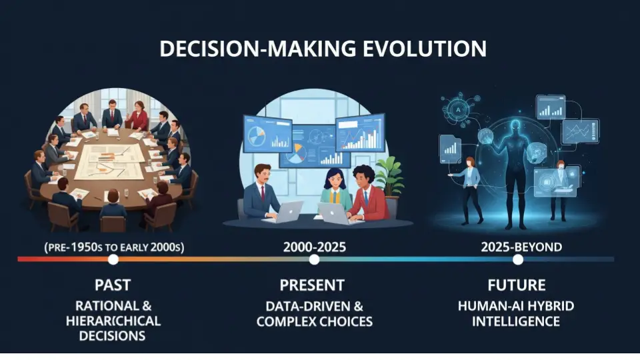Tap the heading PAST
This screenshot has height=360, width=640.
(x=113, y=285)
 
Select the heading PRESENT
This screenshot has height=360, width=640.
(x=312, y=285)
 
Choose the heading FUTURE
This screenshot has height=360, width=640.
(x=516, y=285)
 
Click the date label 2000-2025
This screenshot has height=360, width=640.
(x=314, y=247)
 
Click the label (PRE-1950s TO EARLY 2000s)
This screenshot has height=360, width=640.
(x=114, y=247)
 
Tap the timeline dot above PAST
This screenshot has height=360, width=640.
(x=113, y=259)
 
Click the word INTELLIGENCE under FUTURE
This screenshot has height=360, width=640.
(x=516, y=321)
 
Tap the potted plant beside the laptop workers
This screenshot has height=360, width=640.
(x=390, y=175)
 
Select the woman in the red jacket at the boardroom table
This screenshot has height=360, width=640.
(x=139, y=117)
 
